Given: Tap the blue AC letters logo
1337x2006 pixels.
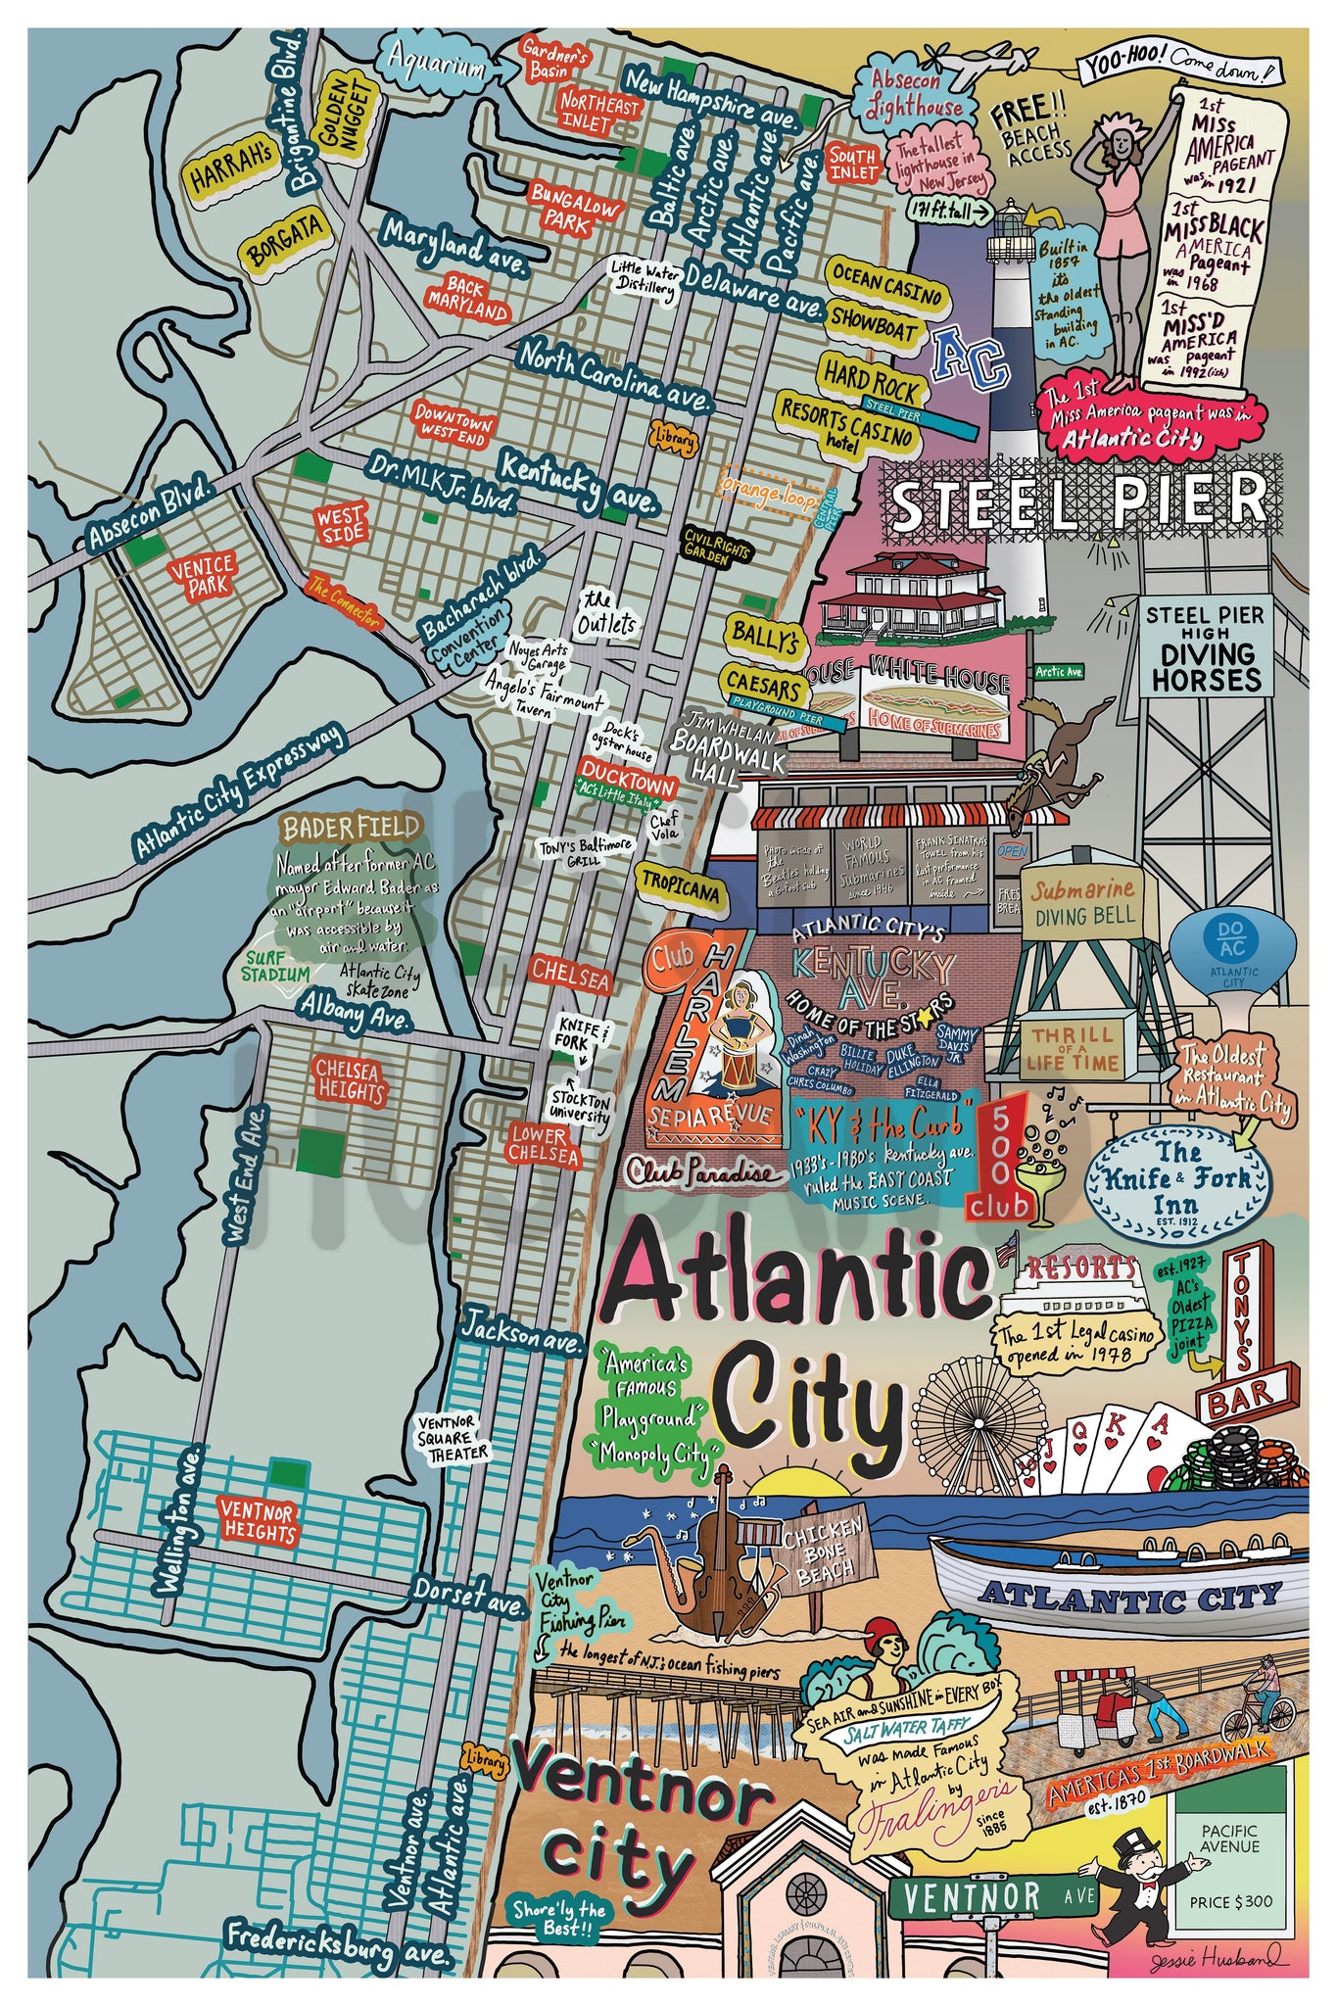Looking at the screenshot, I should tap(970, 357).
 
